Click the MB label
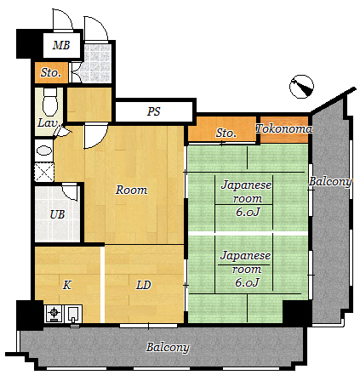point(61,45)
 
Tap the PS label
point(153,111)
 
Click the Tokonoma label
point(283,128)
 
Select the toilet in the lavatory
point(50,101)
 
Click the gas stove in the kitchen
point(54,313)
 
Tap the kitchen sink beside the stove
point(74,314)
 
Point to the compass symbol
point(301,87)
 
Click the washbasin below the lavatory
point(44,151)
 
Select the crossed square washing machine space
point(44,172)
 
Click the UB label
point(57,214)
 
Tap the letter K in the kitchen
point(67,285)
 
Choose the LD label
point(143,285)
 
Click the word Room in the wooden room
point(131,190)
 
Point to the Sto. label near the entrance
point(51,72)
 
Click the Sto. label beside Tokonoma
point(226,133)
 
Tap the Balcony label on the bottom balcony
point(168,347)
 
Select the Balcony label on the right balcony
point(330,182)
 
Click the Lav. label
point(49,123)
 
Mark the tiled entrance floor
point(97,63)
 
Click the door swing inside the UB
point(70,192)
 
